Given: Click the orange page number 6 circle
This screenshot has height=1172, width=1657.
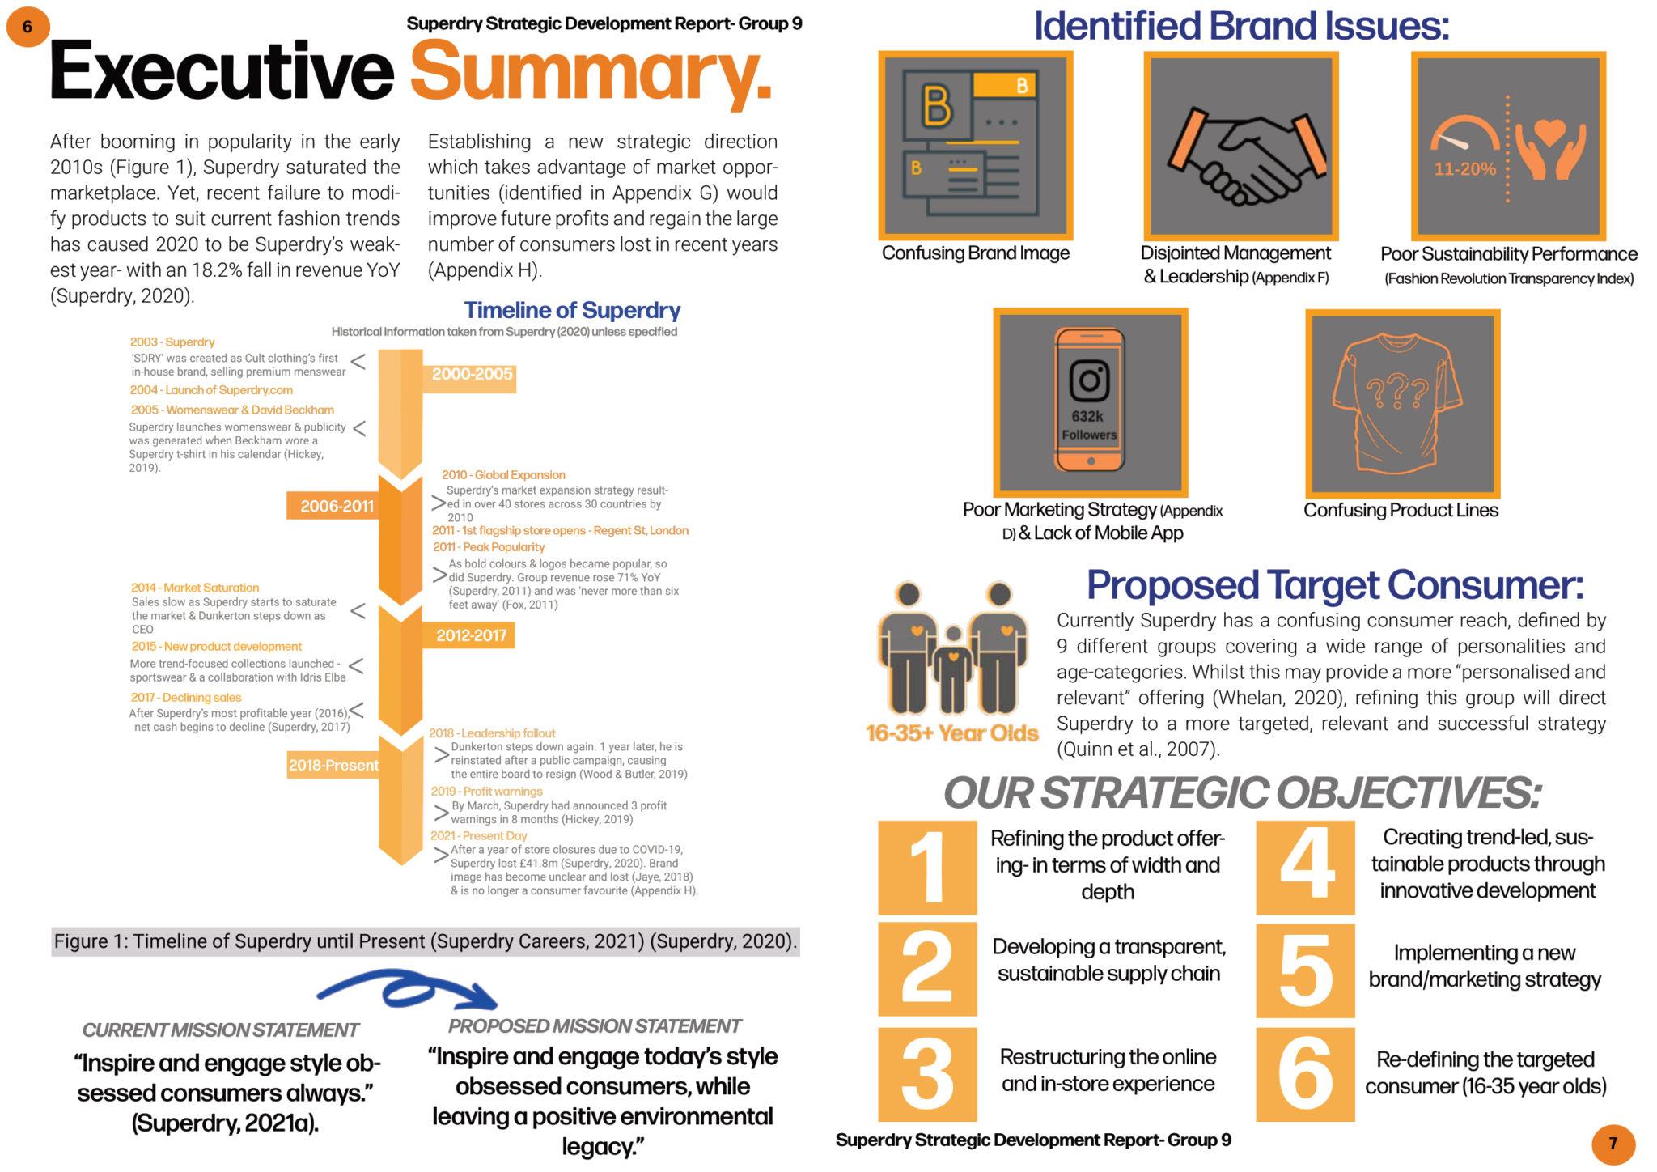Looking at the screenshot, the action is (x=28, y=26).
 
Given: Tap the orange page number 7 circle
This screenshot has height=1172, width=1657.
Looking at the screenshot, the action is (x=1613, y=1143).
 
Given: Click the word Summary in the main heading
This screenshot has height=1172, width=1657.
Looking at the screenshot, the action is (x=591, y=72).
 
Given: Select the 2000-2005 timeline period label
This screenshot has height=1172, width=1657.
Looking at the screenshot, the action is (x=472, y=375).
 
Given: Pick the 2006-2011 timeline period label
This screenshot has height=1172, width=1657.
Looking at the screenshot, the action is (x=337, y=506).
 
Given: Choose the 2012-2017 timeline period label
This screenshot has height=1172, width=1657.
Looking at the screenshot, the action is (x=471, y=635).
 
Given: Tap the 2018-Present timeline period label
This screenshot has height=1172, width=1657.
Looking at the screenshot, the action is (x=333, y=765).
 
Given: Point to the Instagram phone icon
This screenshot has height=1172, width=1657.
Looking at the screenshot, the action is (x=1090, y=400).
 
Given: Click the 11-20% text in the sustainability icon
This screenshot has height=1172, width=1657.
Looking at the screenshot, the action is (x=1465, y=169).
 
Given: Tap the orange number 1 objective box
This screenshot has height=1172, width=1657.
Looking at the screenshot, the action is (x=927, y=867).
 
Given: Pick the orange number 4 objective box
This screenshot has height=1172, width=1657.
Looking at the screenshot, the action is (x=1305, y=867).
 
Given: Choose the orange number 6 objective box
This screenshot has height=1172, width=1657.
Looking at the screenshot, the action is (x=1305, y=1074).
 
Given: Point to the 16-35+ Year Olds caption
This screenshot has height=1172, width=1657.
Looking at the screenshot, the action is (x=951, y=732).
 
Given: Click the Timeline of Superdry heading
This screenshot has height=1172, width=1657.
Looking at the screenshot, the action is (x=572, y=310).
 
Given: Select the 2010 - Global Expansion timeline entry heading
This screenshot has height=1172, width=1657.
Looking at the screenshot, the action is (x=503, y=475).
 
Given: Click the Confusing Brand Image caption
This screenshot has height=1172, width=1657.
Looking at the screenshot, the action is (x=976, y=253).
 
